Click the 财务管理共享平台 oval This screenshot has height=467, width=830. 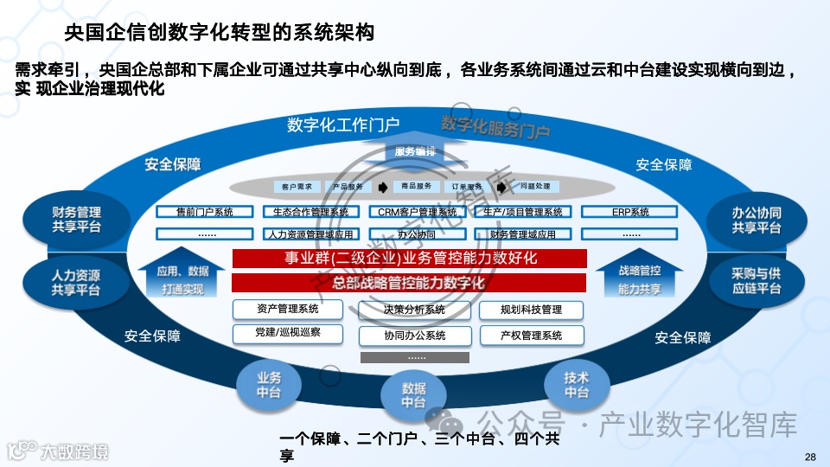click(76, 219)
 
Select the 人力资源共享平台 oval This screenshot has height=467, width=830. click(76, 282)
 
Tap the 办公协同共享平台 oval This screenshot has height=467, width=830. click(756, 220)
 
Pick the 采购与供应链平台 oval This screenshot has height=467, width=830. click(756, 281)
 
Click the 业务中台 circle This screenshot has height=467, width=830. click(269, 385)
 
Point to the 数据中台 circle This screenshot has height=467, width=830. click(413, 395)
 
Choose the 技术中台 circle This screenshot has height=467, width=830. click(576, 385)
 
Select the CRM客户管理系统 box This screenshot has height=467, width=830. click(418, 212)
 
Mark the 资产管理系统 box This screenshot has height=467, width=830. click(287, 310)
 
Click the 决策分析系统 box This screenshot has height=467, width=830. click(414, 310)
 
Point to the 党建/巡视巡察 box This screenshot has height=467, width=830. click(287, 333)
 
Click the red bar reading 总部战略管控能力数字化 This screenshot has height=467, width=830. click(409, 283)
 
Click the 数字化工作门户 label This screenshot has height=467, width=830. click(343, 125)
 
